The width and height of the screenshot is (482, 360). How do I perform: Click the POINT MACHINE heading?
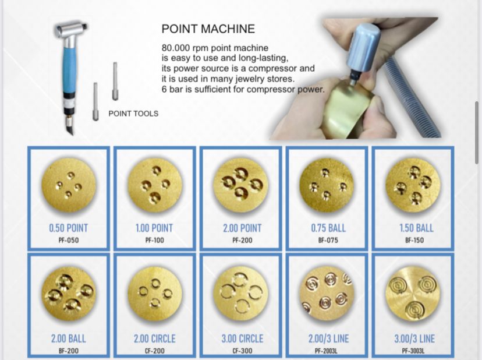click(x=208, y=29)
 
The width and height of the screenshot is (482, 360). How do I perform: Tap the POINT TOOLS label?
click(x=133, y=114)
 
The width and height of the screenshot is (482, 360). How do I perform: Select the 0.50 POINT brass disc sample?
click(x=69, y=185)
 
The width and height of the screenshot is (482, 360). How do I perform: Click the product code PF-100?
click(x=155, y=240)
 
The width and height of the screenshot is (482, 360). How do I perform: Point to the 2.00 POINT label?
click(x=242, y=228)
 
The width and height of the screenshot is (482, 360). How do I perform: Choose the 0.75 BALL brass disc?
click(x=327, y=185)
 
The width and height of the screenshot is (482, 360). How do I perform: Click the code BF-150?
click(x=414, y=240)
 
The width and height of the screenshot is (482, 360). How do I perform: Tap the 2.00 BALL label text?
click(x=69, y=338)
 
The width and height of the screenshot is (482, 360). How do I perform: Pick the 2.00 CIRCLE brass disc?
click(x=155, y=294)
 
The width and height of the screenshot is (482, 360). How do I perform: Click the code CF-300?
click(x=242, y=351)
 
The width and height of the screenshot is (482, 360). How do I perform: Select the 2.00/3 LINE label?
click(x=328, y=338)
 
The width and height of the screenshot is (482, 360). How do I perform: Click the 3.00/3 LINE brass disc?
click(x=413, y=294)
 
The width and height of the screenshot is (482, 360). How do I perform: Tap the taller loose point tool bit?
click(x=115, y=81)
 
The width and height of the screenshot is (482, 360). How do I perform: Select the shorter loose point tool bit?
click(x=95, y=101)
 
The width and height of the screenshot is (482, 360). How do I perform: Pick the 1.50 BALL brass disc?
click(x=413, y=185)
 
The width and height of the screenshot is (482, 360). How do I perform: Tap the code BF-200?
click(x=69, y=351)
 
